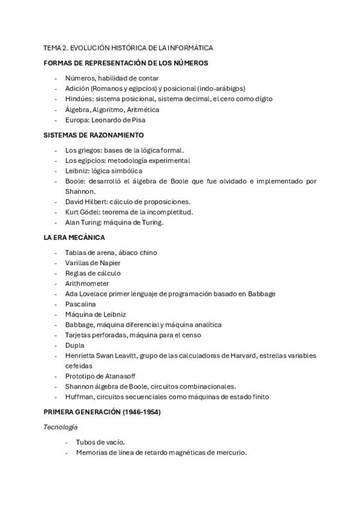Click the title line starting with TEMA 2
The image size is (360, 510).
coord(128,48)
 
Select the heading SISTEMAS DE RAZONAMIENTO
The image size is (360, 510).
coord(94,135)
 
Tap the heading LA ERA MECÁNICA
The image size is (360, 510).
coord(74,238)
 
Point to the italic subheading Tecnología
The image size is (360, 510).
coord(61,426)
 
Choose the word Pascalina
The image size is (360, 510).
coord(81,304)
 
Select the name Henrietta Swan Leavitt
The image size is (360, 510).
coord(101,355)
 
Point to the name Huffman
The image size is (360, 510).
coord(79,396)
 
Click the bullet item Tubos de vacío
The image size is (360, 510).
coord(100,442)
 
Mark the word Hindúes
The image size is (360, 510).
coord(79,99)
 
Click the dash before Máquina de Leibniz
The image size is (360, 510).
coord(56,314)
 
